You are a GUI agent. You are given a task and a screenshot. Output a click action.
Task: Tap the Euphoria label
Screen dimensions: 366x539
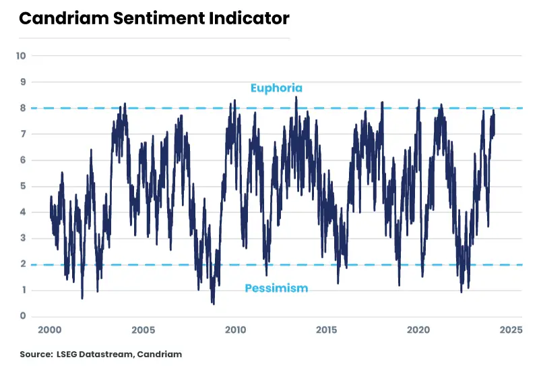tap(276, 88)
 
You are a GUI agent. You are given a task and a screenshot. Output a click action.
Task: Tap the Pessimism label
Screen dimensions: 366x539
tap(276, 288)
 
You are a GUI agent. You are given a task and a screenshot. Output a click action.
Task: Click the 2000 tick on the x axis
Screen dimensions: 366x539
tap(51, 330)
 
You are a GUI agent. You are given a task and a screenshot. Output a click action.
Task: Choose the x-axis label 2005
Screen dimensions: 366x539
tap(143, 330)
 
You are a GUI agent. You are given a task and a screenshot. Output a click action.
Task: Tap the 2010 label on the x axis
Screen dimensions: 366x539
tap(235, 330)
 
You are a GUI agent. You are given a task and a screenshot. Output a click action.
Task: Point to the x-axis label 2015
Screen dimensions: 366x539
tap(327, 330)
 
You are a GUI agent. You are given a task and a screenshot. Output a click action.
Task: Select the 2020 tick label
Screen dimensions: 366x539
tap(419, 330)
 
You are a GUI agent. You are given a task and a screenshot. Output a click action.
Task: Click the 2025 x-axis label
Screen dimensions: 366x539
tap(511, 330)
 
